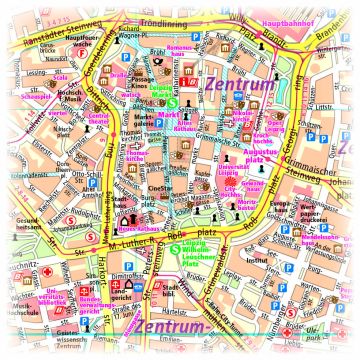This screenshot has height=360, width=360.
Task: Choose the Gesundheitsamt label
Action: click(25, 225)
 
